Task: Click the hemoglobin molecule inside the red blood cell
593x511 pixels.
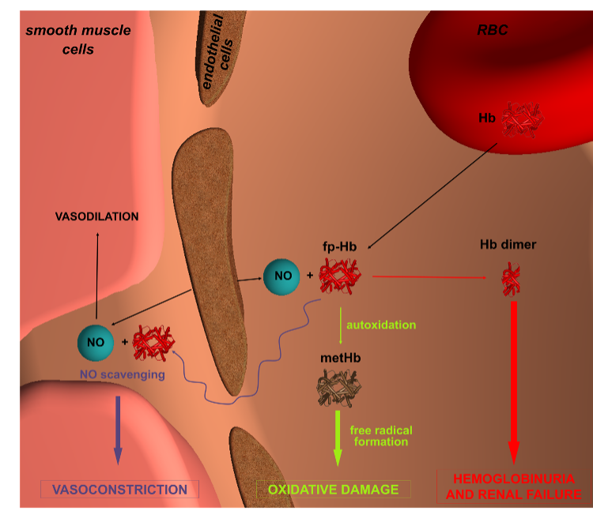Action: [x=523, y=119]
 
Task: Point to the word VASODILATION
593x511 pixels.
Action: [x=96, y=216]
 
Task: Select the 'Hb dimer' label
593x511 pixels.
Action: [x=508, y=245]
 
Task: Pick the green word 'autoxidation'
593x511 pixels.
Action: [x=381, y=325]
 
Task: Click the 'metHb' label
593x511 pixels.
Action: [x=336, y=359]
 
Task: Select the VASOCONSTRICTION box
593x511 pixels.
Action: [x=119, y=490]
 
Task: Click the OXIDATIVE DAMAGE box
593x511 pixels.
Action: [x=333, y=490]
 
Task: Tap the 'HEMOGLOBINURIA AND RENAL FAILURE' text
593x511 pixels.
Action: [x=513, y=487]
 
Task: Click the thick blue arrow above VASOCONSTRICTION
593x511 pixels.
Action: [x=118, y=427]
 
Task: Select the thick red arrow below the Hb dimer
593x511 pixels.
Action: [x=513, y=379]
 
